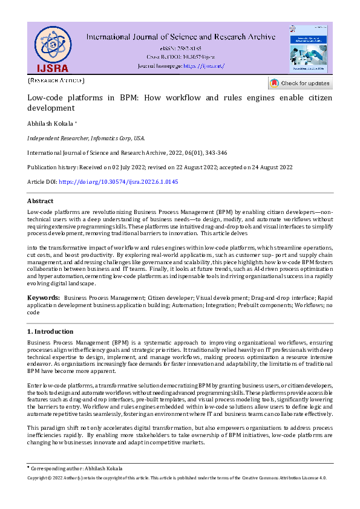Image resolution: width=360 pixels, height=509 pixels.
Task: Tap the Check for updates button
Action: [300, 83]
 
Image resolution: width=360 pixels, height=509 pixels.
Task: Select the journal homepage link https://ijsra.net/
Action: [203, 65]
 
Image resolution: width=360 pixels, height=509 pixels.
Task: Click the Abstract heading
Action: [40, 201]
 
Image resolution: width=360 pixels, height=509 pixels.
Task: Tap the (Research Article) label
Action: [56, 80]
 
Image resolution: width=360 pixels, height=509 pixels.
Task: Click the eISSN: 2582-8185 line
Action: [181, 48]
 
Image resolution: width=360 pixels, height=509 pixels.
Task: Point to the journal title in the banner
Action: [181, 37]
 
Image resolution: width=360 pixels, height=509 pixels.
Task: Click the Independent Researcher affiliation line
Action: [86, 138]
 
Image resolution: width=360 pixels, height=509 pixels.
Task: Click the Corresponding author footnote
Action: [75, 468]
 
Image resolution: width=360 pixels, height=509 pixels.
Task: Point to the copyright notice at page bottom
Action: [177, 478]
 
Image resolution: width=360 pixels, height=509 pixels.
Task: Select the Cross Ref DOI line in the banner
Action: [181, 56]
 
